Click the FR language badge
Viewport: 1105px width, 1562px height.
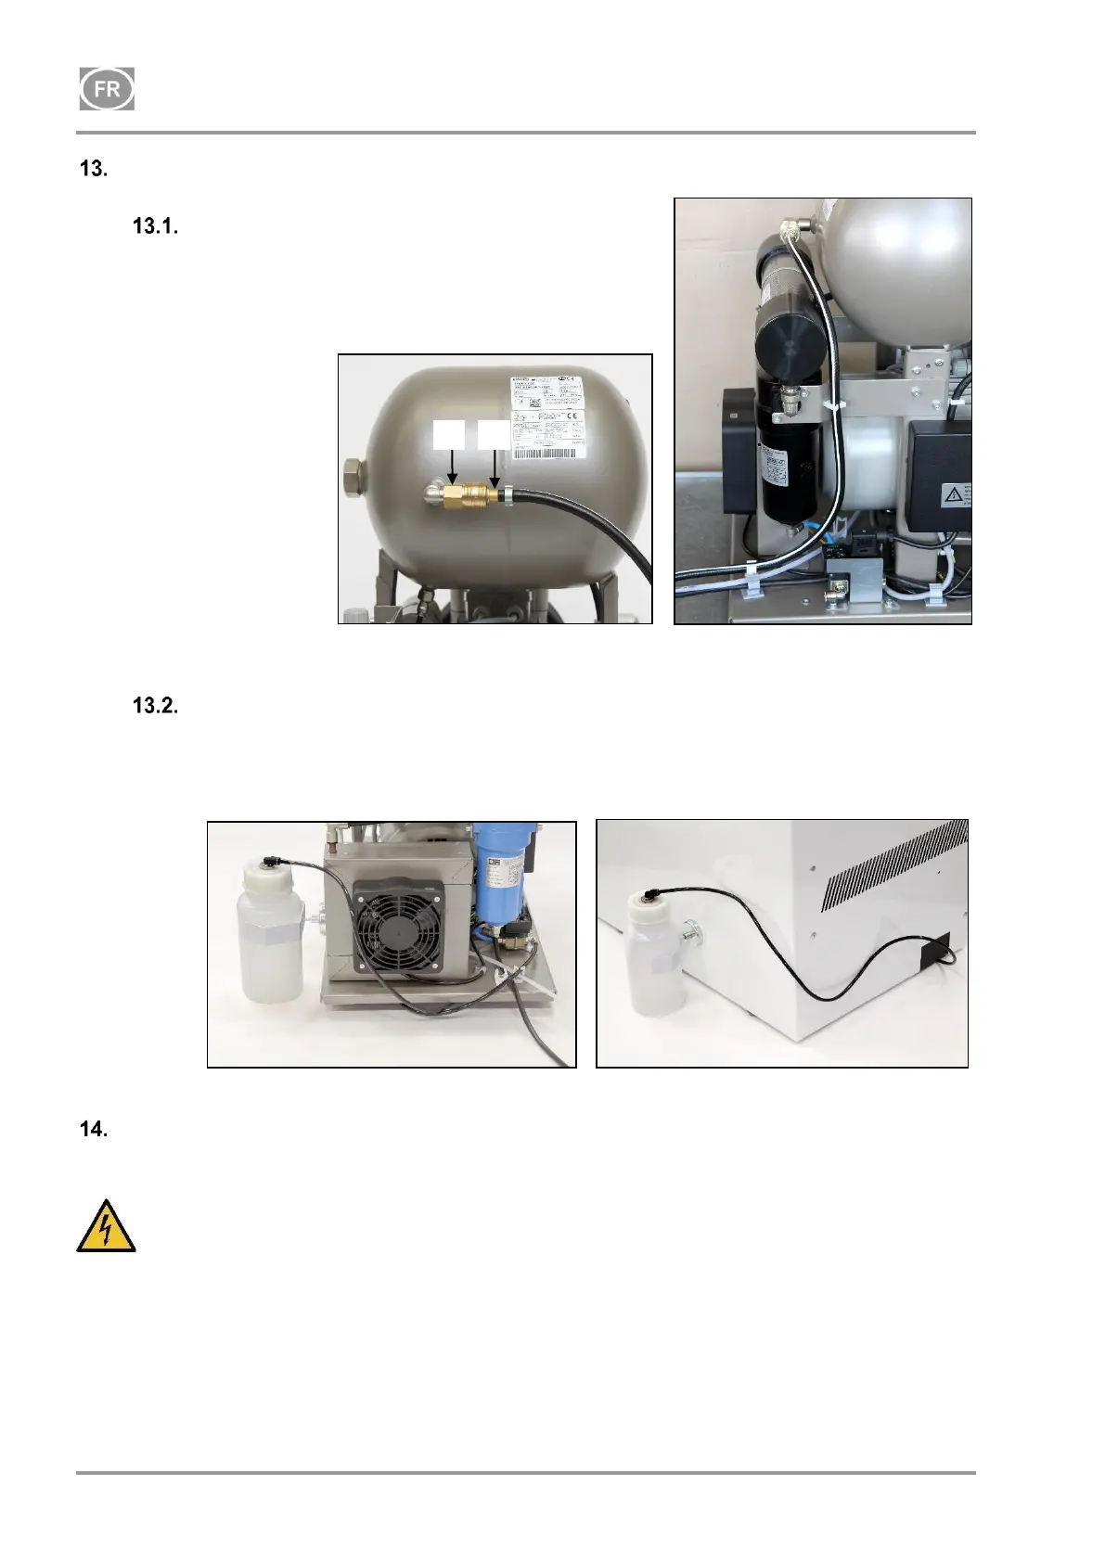(107, 90)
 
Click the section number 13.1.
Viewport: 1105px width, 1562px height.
(155, 226)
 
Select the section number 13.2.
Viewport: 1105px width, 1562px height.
(155, 706)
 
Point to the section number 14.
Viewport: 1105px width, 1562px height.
(94, 1130)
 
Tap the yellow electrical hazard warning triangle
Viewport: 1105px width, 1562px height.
(106, 1227)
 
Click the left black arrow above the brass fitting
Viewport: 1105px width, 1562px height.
(452, 464)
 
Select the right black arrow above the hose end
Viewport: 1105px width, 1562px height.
(494, 464)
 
